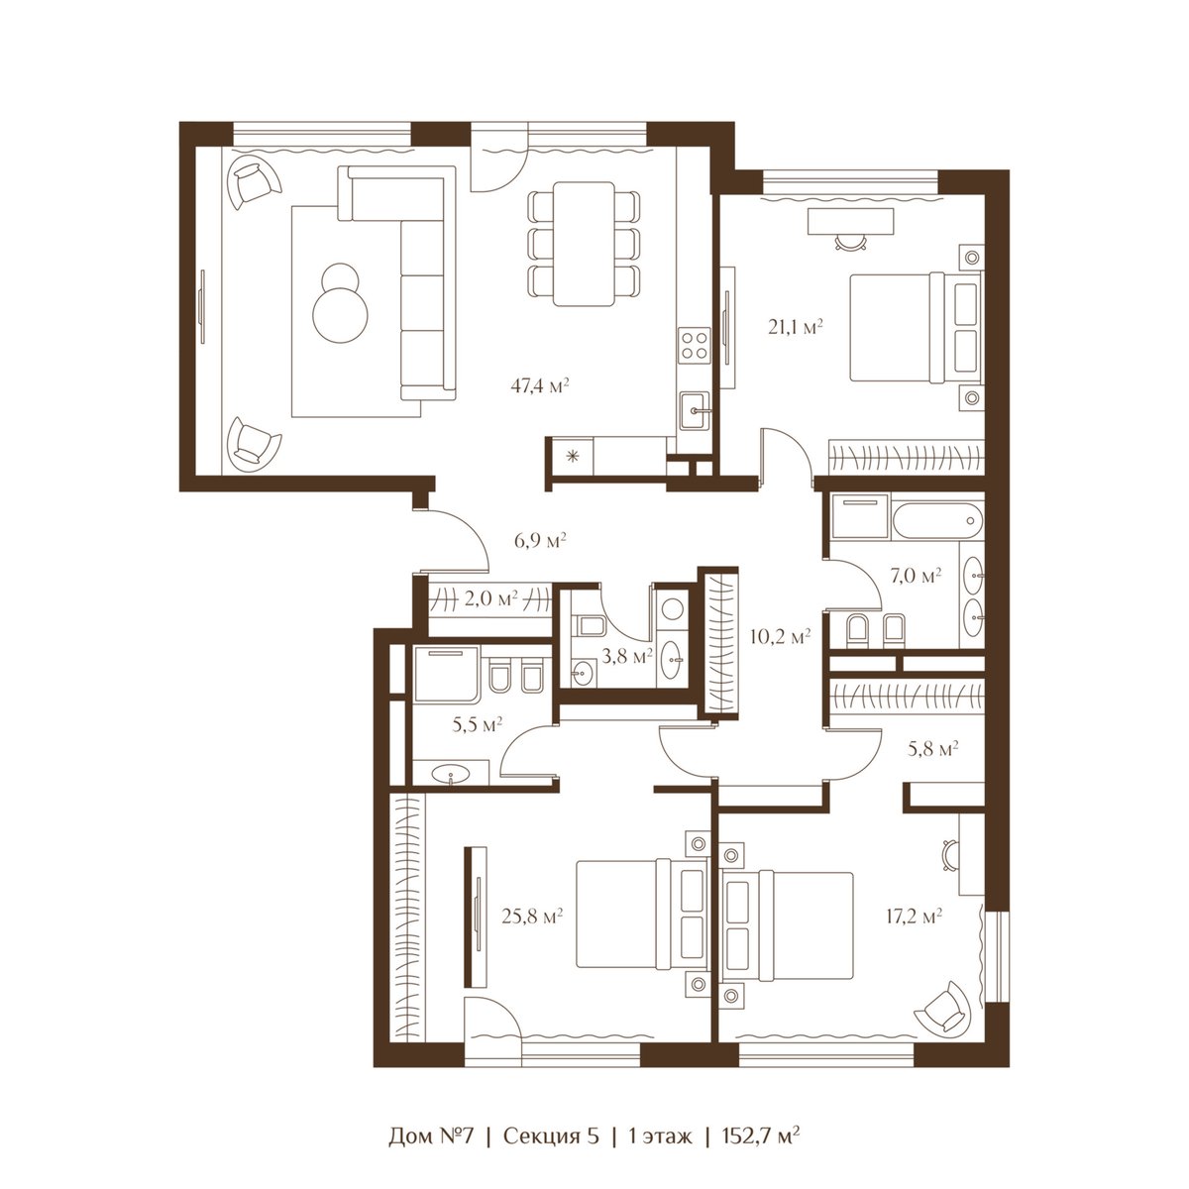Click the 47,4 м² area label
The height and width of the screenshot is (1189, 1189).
pos(539,386)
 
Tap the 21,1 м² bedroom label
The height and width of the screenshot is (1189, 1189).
pos(796,327)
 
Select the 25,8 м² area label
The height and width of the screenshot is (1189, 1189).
pos(532,917)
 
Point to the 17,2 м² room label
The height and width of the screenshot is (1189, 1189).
pos(914,917)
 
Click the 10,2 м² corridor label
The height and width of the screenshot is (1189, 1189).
pos(780,636)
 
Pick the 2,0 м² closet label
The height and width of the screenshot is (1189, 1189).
pos(490,597)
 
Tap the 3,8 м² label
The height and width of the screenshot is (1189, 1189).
pos(627,656)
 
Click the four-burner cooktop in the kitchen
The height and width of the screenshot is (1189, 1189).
pos(695,345)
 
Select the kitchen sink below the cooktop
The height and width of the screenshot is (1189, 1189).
pos(696,410)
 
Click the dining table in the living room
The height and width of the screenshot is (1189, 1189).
pos(584,244)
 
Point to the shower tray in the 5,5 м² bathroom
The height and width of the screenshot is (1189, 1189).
pos(447,675)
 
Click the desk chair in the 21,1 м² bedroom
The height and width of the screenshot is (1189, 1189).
pos(850,241)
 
